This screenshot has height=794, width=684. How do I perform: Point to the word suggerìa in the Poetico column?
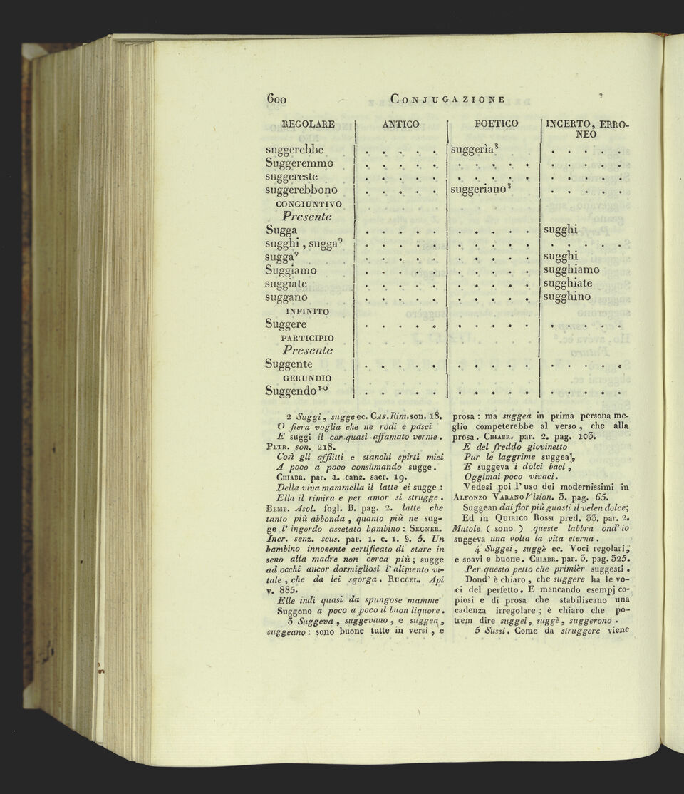476,150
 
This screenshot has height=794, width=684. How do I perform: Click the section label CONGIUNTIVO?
309,204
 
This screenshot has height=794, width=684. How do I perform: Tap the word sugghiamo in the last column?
571,270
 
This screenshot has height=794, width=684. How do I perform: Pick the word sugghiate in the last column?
568,284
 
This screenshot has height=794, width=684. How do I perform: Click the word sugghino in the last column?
567,297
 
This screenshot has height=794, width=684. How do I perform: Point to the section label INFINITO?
307,311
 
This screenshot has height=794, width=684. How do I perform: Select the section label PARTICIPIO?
307,338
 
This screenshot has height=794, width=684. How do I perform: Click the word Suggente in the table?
289,364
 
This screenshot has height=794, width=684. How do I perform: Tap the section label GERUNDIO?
307,378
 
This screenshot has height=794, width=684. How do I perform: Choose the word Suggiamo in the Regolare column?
291,271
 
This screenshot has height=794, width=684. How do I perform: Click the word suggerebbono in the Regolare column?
301,190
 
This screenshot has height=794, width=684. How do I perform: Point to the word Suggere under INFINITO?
286,325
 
